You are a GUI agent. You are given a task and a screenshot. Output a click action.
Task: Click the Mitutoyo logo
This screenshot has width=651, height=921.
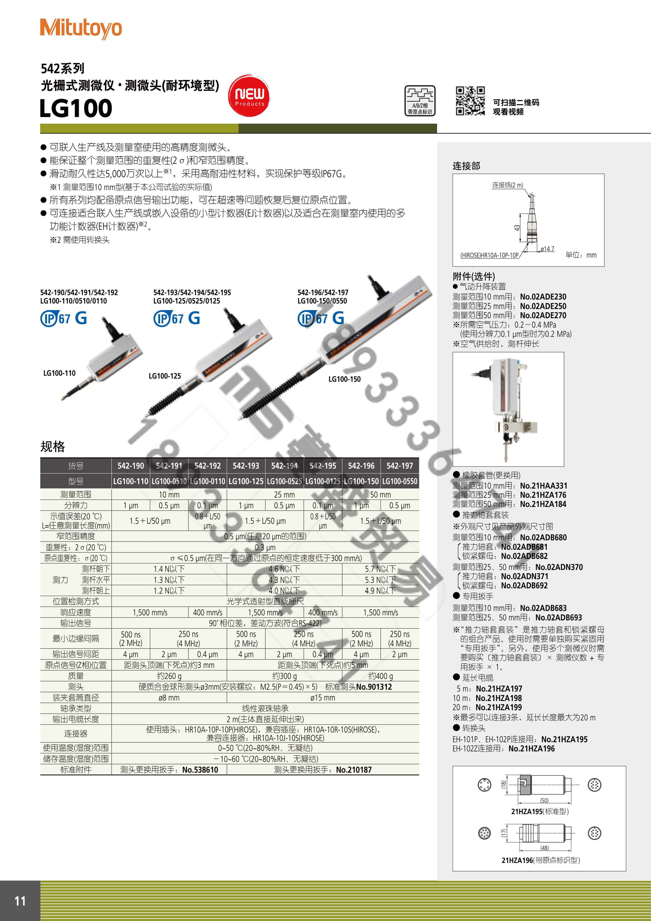pos(81,28)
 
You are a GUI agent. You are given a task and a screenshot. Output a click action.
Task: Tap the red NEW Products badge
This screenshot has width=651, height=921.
pos(249,96)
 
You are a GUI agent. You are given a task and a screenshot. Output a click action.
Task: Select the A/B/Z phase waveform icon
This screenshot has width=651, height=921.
pos(419,101)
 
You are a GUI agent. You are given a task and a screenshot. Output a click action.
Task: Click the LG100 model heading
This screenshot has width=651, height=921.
pos(76,108)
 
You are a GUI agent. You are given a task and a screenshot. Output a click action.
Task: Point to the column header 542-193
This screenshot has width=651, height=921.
pos(246,466)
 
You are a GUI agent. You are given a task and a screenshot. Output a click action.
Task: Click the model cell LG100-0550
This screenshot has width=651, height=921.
pos(400,481)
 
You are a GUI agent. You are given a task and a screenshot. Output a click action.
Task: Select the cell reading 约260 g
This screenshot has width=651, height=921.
pos(169,676)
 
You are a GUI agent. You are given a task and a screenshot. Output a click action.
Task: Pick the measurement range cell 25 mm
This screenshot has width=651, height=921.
pos(284,495)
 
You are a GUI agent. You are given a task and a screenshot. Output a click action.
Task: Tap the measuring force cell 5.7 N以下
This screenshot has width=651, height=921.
pos(380,569)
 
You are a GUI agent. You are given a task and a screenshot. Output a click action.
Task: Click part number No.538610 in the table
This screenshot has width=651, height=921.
pos(200,770)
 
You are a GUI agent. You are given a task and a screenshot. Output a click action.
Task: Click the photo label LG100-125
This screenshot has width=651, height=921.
pos(164,376)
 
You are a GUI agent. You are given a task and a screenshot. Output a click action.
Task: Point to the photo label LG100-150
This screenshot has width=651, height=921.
pos(344,379)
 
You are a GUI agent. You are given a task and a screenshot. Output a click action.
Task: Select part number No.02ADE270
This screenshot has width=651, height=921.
pos(543,315)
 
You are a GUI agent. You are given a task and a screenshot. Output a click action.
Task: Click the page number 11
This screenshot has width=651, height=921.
pos(20,901)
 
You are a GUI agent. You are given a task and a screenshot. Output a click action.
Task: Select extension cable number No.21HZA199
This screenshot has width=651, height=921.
pos(498,707)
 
